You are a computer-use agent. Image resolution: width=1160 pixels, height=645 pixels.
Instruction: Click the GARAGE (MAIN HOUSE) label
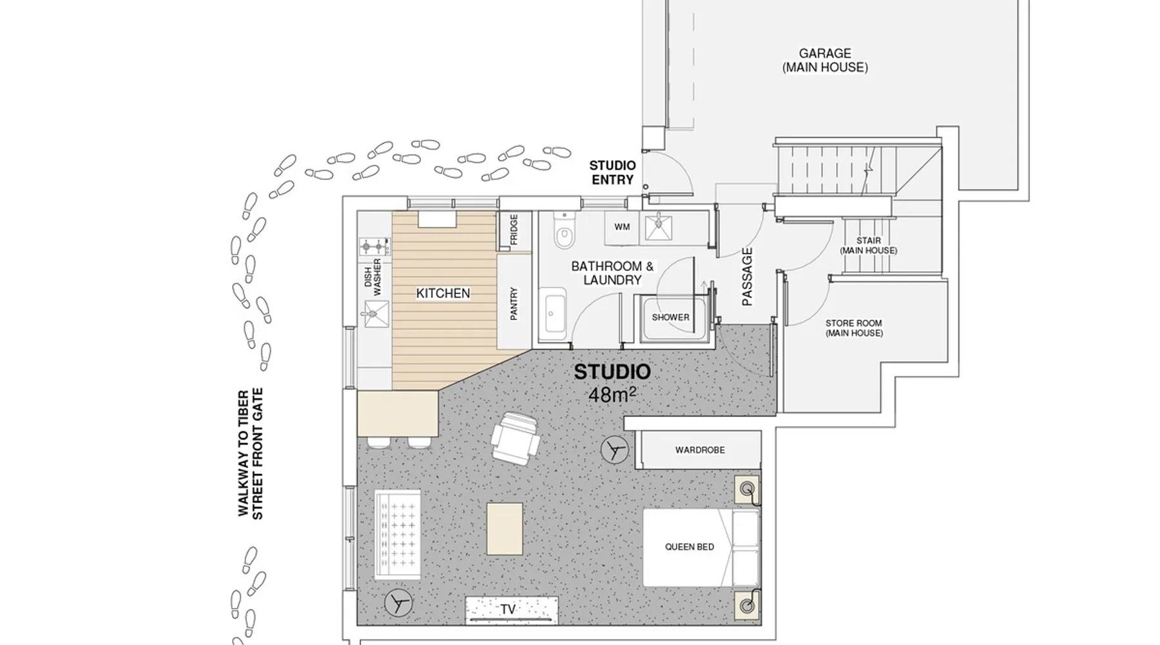pyautogui.click(x=825, y=61)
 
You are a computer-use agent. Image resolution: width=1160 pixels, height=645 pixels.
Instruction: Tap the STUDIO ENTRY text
pyautogui.click(x=612, y=173)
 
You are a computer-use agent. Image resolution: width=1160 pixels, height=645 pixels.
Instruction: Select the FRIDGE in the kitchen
pyautogui.click(x=514, y=230)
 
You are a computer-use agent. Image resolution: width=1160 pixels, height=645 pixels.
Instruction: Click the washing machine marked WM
pyautogui.click(x=622, y=227)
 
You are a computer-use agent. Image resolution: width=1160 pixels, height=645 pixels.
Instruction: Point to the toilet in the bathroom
pyautogui.click(x=563, y=232)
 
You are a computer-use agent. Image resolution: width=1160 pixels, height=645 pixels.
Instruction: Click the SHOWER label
pyautogui.click(x=670, y=317)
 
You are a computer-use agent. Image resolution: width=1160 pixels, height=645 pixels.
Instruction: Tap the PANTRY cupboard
pyautogui.click(x=514, y=302)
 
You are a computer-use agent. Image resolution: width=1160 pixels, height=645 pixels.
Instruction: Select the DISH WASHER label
pyautogui.click(x=372, y=273)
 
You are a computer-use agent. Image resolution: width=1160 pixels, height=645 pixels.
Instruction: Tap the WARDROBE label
pyautogui.click(x=700, y=450)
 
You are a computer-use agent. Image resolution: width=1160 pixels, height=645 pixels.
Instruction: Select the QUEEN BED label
pyautogui.click(x=690, y=547)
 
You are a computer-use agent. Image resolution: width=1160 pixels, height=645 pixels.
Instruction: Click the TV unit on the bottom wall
pyautogui.click(x=512, y=610)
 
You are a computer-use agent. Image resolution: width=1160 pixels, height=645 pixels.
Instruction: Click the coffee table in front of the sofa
pyautogui.click(x=505, y=529)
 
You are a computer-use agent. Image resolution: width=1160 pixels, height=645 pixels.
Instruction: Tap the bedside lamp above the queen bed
pyautogui.click(x=748, y=490)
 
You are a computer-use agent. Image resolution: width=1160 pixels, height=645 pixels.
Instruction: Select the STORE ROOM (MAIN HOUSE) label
pyautogui.click(x=854, y=328)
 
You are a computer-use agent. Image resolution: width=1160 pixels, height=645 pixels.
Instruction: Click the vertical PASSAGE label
pyautogui.click(x=747, y=277)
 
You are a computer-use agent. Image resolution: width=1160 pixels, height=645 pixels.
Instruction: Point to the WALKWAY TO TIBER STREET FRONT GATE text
pyautogui.click(x=250, y=453)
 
